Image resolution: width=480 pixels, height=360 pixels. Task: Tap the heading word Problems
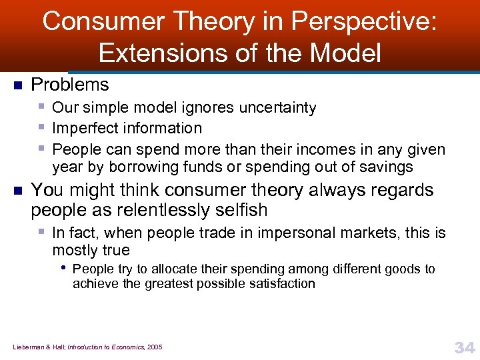click(70, 85)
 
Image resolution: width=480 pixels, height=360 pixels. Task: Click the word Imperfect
click(83, 127)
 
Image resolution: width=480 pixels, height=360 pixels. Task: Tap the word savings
click(386, 167)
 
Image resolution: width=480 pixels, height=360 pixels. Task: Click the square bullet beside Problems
click(18, 85)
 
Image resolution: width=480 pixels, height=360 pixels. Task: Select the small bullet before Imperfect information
click(42, 126)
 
